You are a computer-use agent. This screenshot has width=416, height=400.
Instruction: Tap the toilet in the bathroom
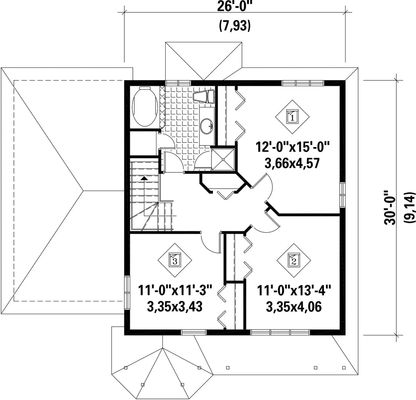coord(204,96)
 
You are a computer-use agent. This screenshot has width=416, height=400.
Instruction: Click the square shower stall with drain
coord(223,159)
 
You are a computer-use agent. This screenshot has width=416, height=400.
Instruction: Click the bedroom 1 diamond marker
coord(292,117)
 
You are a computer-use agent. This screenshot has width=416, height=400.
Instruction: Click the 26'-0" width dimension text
coord(235,7)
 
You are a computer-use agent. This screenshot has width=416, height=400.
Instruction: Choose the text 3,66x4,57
coord(292,163)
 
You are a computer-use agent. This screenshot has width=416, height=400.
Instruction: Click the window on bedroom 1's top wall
coord(303,83)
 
